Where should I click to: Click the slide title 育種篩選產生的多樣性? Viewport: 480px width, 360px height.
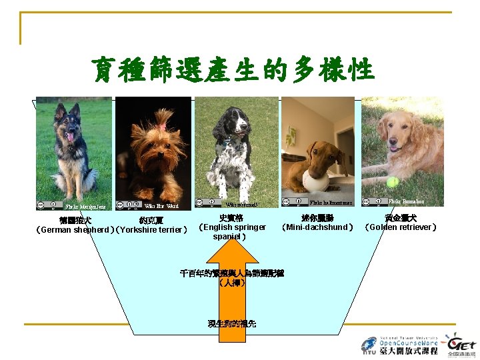click(x=234, y=69)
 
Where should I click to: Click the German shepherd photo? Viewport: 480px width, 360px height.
click(x=74, y=150)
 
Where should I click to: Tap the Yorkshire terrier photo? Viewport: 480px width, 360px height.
click(x=153, y=150)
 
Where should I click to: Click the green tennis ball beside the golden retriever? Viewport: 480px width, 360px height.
click(x=392, y=181)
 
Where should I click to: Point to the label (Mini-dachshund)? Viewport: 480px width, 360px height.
click(x=317, y=227)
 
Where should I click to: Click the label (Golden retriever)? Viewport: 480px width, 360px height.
click(x=401, y=227)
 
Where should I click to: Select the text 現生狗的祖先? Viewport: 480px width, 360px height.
click(x=231, y=324)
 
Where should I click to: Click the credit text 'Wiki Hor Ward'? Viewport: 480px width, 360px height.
click(x=161, y=206)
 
